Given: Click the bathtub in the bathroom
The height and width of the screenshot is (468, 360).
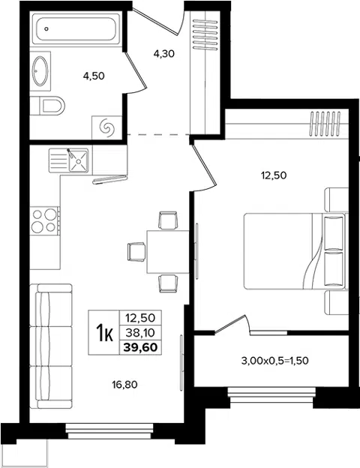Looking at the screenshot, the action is [x=76, y=29].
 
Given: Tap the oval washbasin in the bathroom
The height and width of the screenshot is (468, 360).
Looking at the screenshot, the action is [x=40, y=71].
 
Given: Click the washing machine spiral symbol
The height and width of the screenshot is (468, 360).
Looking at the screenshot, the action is [x=106, y=127].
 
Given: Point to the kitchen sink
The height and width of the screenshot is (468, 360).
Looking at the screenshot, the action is [x=69, y=160].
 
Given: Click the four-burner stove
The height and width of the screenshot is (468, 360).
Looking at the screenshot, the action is [x=45, y=220].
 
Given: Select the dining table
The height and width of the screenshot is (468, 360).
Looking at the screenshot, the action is [x=168, y=251].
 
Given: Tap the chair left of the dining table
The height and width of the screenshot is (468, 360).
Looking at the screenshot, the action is [x=136, y=251].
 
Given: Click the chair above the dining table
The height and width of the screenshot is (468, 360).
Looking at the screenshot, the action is [x=168, y=220].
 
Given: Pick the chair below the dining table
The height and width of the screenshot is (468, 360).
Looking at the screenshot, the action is [x=168, y=283].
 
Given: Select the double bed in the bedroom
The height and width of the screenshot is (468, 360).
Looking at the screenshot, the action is [x=295, y=251].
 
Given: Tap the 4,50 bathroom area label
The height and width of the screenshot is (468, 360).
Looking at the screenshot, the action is [x=94, y=76].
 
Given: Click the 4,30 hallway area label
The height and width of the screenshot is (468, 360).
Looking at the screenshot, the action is [x=163, y=54].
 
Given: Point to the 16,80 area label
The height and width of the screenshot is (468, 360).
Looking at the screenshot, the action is [x=124, y=385].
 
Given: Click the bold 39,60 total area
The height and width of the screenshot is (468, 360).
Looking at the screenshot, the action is [x=140, y=347].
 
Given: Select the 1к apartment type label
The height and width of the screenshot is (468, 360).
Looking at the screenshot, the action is [x=104, y=332].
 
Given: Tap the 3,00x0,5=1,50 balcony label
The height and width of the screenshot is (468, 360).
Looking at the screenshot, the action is [x=274, y=361].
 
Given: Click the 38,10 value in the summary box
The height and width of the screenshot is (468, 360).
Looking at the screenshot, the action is [x=140, y=332].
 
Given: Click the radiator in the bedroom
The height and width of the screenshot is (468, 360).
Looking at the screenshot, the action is [x=325, y=124].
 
